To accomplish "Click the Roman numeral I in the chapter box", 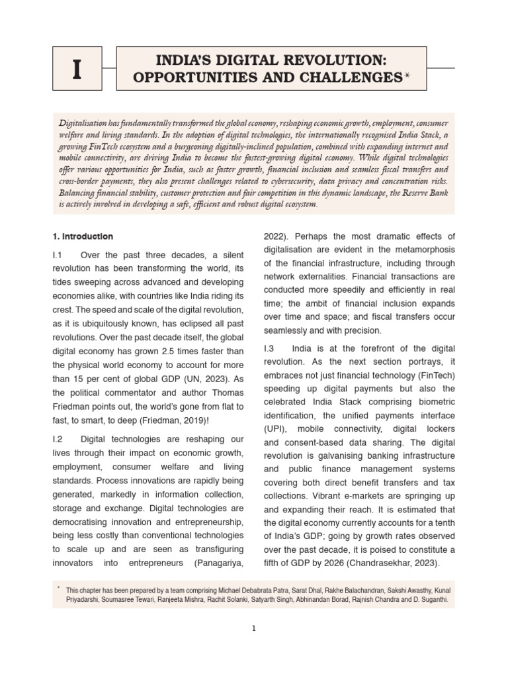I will tap(77, 69).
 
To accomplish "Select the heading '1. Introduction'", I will tap(83, 236).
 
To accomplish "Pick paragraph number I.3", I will tap(269, 348).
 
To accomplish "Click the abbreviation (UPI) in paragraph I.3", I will tap(275, 429).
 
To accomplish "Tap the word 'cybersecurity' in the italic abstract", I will tap(335, 181).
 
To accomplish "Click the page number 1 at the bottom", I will tap(253, 629).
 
